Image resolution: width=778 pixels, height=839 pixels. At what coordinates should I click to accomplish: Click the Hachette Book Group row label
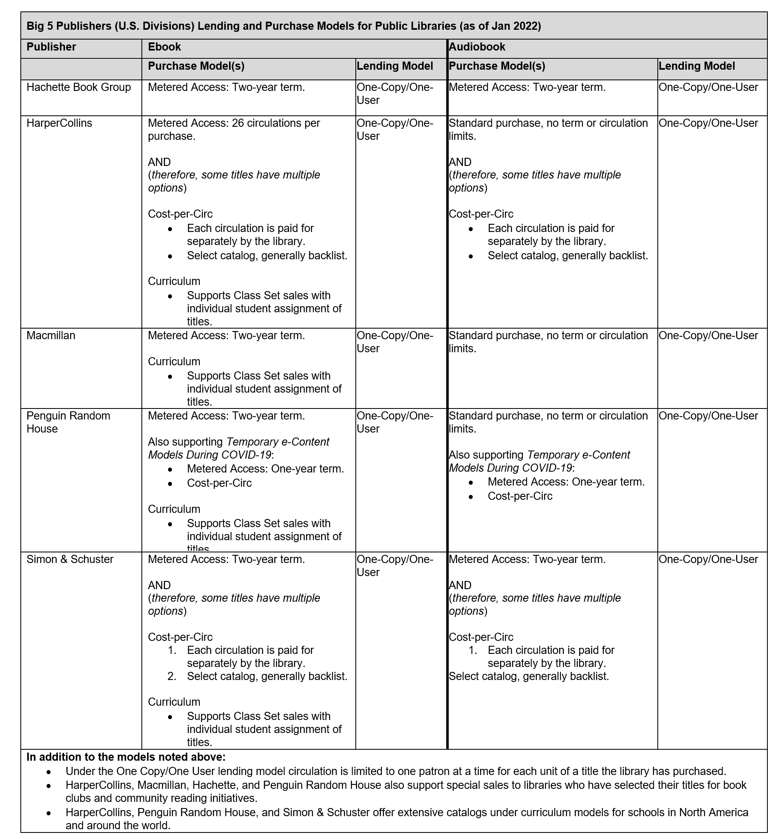pyautogui.click(x=79, y=87)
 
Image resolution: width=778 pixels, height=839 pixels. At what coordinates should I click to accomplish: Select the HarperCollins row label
pyautogui.click(x=59, y=123)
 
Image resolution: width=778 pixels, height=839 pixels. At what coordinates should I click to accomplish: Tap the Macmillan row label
pyautogui.click(x=51, y=335)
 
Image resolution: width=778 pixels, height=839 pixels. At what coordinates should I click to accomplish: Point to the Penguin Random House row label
pyautogui.click(x=68, y=422)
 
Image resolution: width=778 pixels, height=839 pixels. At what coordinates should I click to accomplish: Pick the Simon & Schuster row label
pyautogui.click(x=70, y=559)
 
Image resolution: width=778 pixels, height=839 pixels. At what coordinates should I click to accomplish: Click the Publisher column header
pyautogui.click(x=51, y=47)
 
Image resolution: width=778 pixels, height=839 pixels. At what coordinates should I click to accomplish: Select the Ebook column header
pyautogui.click(x=164, y=47)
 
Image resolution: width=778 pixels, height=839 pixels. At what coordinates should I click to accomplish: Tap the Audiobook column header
pyautogui.click(x=477, y=47)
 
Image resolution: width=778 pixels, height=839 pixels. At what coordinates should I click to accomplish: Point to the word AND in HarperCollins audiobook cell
pyautogui.click(x=460, y=162)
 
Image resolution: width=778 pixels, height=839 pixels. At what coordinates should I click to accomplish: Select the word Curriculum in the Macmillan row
pyautogui.click(x=174, y=361)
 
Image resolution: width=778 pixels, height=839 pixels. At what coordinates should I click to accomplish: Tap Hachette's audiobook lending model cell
pyautogui.click(x=708, y=87)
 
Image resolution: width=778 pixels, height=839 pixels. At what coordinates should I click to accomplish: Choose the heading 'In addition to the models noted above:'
pyautogui.click(x=126, y=757)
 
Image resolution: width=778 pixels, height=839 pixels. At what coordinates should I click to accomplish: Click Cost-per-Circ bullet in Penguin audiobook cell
pyautogui.click(x=520, y=496)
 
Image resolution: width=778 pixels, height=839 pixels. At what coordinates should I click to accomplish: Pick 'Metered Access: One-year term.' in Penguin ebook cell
pyautogui.click(x=265, y=468)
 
